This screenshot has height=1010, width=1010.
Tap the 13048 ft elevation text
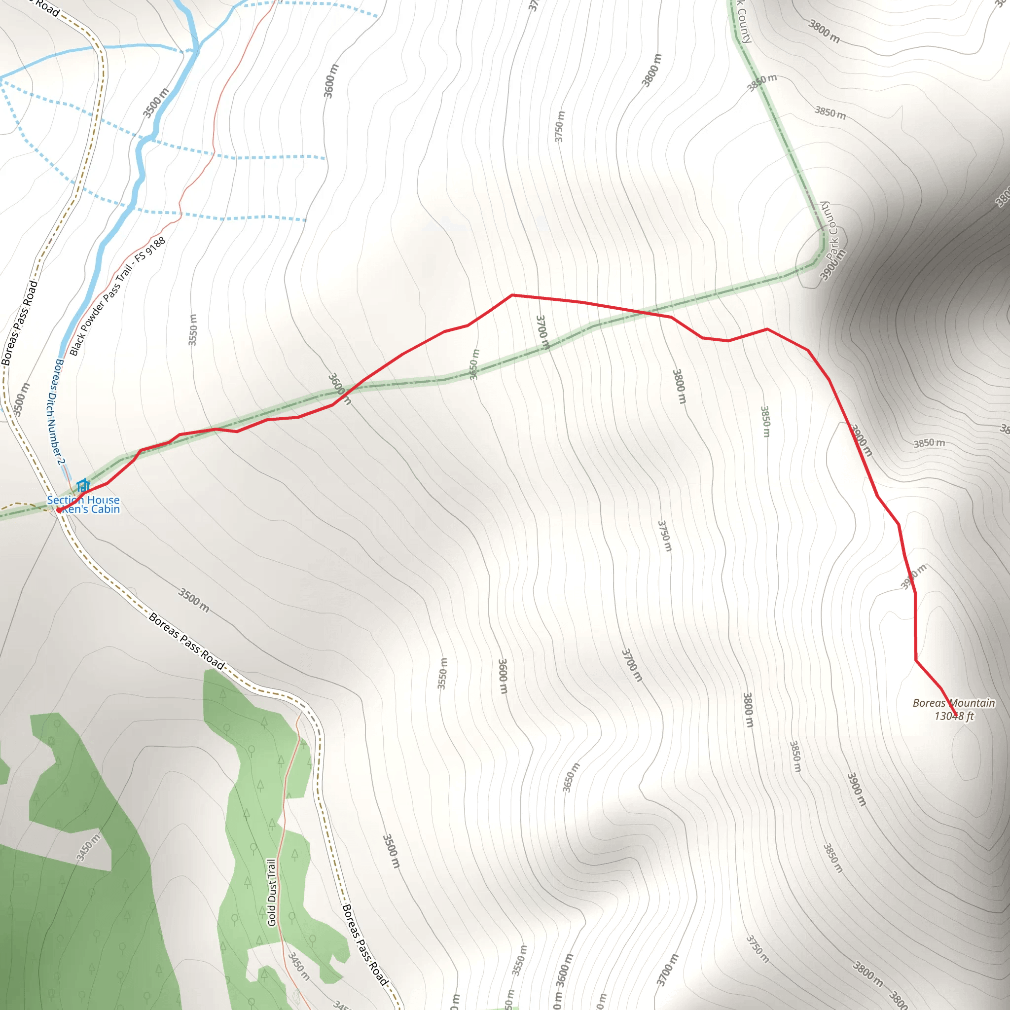pos(954,716)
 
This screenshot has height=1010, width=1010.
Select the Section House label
pos(83,500)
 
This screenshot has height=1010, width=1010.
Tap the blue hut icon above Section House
pos(82,485)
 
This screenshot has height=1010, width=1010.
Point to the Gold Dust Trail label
pos(271,892)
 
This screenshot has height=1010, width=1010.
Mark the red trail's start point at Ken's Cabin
pos(60,510)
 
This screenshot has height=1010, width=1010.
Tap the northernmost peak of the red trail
pos(512,295)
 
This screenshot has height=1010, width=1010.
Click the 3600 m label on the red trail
pos(340,389)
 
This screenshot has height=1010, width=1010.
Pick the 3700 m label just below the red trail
pos(543,332)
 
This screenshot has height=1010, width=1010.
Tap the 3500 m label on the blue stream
pos(156,103)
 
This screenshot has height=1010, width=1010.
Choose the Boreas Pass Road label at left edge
pos(19,323)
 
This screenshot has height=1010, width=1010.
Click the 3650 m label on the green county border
pos(473,364)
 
